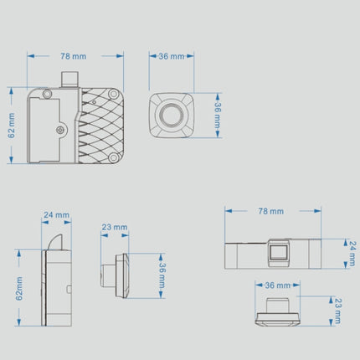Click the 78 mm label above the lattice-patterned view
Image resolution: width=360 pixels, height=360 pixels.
click(x=74, y=56)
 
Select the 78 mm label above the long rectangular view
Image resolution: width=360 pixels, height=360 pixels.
click(x=270, y=211)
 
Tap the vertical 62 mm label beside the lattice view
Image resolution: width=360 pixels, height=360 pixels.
click(x=12, y=126)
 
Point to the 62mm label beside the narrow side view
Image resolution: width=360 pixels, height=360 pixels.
click(x=19, y=289)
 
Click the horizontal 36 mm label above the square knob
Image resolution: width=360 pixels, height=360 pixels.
click(x=172, y=56)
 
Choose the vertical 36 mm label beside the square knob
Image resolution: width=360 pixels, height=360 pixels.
click(x=218, y=115)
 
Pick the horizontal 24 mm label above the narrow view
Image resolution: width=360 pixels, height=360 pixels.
click(x=56, y=215)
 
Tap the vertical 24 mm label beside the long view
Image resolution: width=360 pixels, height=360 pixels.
click(x=352, y=254)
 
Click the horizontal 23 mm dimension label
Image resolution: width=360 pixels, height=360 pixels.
click(x=115, y=227)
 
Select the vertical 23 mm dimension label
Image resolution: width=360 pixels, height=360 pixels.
click(x=337, y=311)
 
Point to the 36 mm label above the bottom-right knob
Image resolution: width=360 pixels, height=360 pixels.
click(x=278, y=285)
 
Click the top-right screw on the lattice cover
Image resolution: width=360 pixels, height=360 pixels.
click(x=114, y=94)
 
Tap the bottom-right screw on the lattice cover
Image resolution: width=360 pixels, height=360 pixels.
click(x=113, y=158)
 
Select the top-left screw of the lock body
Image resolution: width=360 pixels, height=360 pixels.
click(x=47, y=94)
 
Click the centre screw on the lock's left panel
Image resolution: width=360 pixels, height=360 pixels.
click(x=60, y=130)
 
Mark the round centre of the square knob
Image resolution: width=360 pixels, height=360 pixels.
click(x=172, y=116)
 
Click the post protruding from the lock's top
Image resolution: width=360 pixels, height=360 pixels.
click(x=69, y=80)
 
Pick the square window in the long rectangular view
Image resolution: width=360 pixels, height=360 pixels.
click(x=278, y=252)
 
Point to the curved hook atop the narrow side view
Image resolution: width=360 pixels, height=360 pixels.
click(x=55, y=242)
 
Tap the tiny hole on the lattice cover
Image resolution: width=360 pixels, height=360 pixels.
click(x=94, y=102)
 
